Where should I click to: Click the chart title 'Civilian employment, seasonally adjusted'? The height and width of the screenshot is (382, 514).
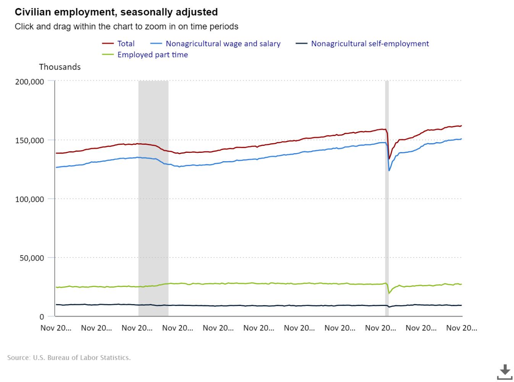click(x=116, y=12)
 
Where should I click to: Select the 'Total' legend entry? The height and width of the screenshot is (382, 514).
click(x=126, y=44)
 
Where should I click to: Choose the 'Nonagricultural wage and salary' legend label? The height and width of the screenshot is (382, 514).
click(x=223, y=44)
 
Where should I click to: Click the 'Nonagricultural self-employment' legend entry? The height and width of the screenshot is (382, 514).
click(x=370, y=44)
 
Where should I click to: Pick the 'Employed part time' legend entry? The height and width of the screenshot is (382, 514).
click(x=152, y=55)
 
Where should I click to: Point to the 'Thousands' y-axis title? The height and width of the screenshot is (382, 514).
click(x=60, y=67)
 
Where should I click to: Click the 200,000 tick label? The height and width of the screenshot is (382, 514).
click(x=30, y=82)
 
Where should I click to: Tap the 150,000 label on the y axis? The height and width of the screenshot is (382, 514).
click(x=30, y=141)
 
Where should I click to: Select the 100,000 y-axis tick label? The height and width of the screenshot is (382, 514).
click(x=30, y=199)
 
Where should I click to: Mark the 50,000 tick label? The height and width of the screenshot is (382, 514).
click(x=32, y=258)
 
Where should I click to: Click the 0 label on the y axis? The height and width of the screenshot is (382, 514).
click(x=42, y=317)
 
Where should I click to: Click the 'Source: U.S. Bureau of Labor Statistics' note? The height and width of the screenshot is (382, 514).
click(x=69, y=358)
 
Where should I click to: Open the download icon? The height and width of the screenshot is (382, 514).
click(x=504, y=372)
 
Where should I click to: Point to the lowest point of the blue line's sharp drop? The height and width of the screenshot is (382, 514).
click(x=389, y=170)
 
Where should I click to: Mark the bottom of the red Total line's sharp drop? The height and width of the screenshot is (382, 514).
click(x=389, y=159)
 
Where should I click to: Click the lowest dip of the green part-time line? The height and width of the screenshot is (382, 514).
click(x=389, y=293)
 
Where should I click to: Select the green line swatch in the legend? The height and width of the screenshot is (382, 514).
click(x=108, y=55)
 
